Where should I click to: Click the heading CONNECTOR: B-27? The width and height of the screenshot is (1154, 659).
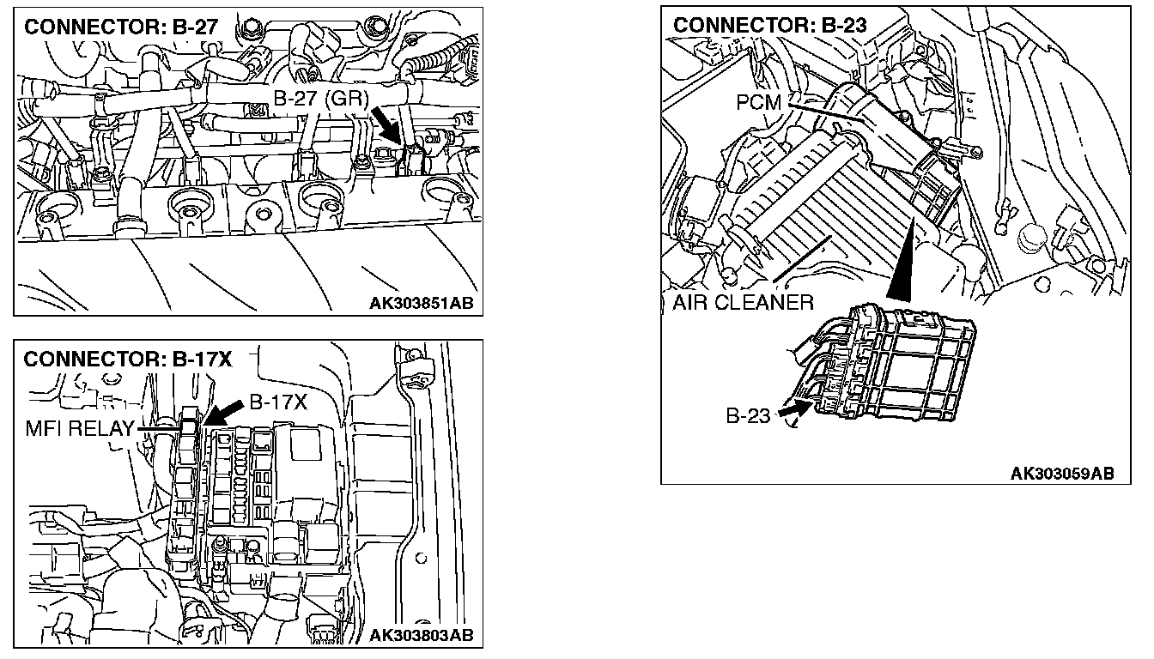coord(120,27)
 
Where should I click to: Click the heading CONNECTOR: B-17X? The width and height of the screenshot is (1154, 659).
coord(128,359)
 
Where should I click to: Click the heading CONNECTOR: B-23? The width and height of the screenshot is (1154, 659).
coord(769,25)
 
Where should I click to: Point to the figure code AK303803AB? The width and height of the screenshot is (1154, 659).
coord(421,635)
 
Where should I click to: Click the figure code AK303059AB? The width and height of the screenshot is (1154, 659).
coord(1062,473)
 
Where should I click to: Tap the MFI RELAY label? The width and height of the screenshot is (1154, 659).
coord(81,429)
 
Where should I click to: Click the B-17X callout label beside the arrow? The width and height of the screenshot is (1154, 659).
coord(278,402)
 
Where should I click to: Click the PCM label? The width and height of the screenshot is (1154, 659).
coord(759,103)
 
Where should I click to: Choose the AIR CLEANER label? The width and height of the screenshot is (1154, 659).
coord(743,302)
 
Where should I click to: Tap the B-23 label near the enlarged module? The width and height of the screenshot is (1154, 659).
coord(749,417)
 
